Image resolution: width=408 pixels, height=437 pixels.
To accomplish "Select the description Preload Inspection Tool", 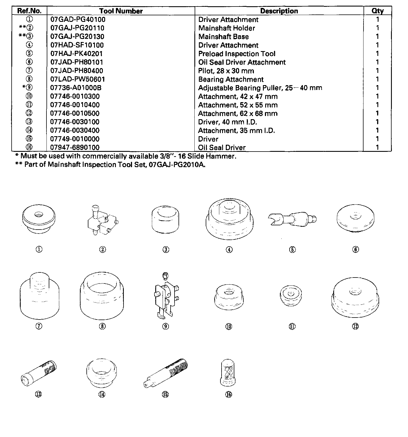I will [x=237, y=54].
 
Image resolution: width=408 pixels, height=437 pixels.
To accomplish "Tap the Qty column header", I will [x=377, y=11].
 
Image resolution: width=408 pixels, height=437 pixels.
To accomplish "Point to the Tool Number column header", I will [x=121, y=11].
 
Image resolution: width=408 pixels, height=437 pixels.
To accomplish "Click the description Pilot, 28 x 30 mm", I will [x=226, y=71].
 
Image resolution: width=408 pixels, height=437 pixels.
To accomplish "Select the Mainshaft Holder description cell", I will [x=226, y=28].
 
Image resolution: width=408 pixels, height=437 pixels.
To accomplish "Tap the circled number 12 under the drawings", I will [x=355, y=326].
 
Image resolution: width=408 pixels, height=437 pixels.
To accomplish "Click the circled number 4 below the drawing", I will [x=229, y=250].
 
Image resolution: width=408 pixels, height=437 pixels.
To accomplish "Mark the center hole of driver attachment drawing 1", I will [x=38, y=215].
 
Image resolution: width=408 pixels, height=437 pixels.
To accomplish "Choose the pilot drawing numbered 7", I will [x=39, y=297].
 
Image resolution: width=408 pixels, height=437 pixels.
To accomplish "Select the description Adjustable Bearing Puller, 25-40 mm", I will [x=260, y=88].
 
